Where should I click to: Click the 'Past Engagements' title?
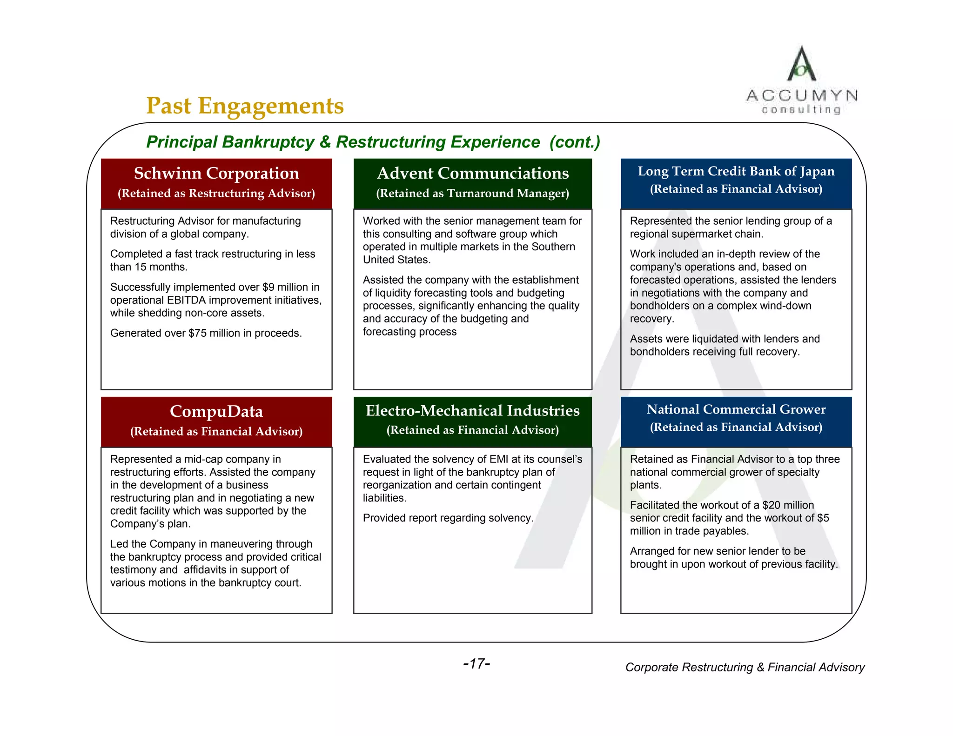[x=245, y=106]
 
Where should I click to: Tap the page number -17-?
[x=476, y=663]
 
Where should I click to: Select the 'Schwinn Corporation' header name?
[x=216, y=173]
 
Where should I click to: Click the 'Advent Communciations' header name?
[x=473, y=173]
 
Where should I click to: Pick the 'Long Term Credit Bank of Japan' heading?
[x=736, y=171]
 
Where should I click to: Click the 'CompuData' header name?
[x=216, y=411]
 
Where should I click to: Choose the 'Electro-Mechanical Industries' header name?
[x=473, y=410]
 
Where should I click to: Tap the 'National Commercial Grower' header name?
[x=736, y=409]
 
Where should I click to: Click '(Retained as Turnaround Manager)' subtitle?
[x=473, y=194]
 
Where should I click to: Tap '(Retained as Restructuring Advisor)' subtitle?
[x=216, y=194]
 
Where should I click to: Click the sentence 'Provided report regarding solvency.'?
[x=448, y=518]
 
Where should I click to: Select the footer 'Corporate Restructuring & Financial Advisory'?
[x=745, y=667]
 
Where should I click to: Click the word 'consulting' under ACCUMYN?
[x=801, y=110]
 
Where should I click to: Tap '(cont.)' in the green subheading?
[x=575, y=142]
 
